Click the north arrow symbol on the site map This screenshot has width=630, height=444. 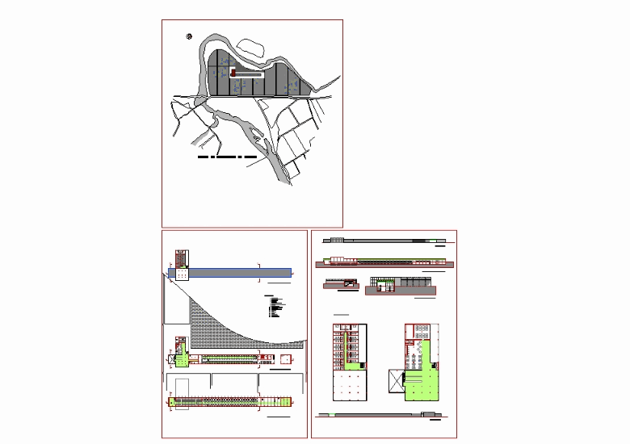point(189,36)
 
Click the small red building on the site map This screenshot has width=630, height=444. point(233,73)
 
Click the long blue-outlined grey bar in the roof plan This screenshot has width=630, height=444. point(234,274)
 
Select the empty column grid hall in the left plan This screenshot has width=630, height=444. point(346,385)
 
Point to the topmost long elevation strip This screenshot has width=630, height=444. point(384,240)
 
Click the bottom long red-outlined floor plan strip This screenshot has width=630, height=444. point(230,400)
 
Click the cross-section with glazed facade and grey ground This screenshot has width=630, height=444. point(400,284)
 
